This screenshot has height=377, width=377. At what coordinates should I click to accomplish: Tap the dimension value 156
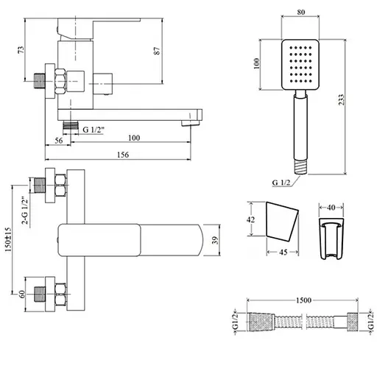tap(124, 155)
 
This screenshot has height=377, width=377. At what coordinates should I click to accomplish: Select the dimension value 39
tap(214, 240)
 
